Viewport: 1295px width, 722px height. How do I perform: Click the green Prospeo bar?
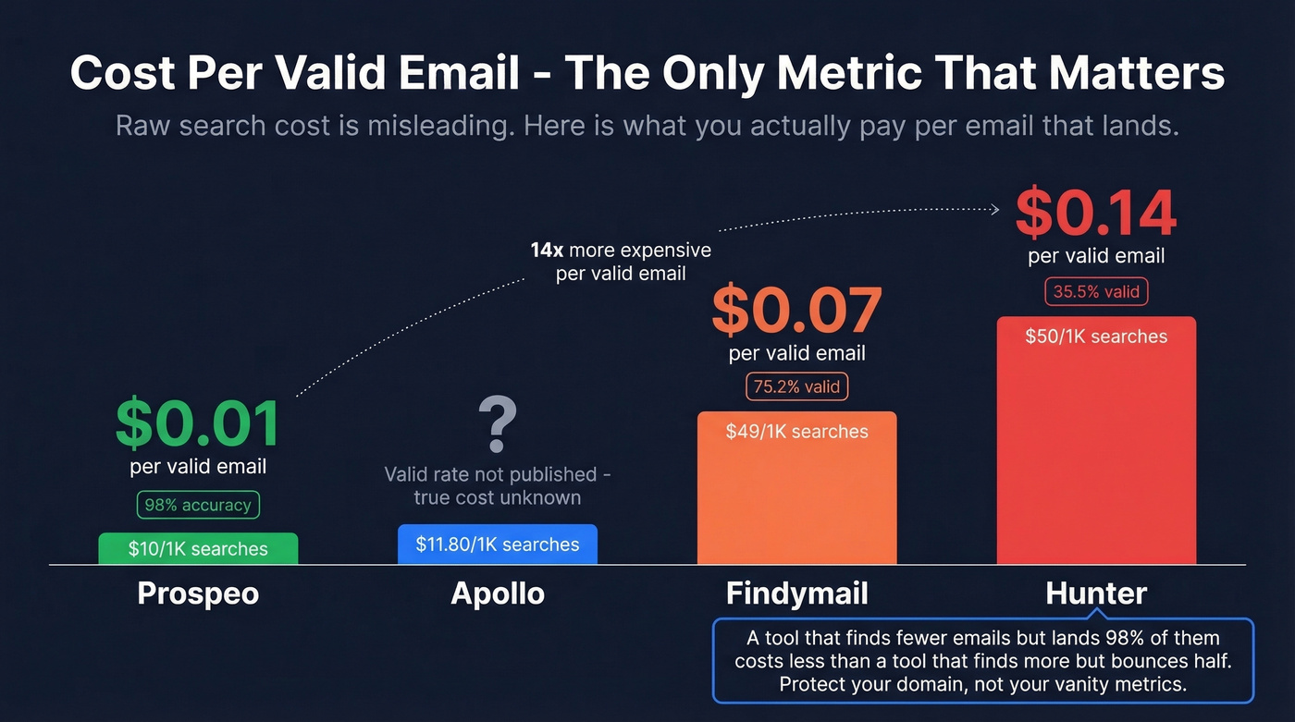pyautogui.click(x=198, y=548)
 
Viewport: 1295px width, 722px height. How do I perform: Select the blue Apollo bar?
pyautogui.click(x=498, y=545)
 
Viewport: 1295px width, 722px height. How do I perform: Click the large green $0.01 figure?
pyautogui.click(x=197, y=424)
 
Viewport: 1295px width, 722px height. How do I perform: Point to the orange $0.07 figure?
pyautogui.click(x=796, y=312)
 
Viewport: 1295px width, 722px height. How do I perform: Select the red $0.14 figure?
pyautogui.click(x=1096, y=214)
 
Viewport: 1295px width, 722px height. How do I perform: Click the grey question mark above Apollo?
pyautogui.click(x=498, y=424)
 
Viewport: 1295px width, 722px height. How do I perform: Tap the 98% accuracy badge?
pyautogui.click(x=198, y=505)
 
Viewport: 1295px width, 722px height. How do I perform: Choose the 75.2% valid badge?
pyautogui.click(x=796, y=386)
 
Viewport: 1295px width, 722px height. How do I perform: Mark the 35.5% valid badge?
pyautogui.click(x=1096, y=292)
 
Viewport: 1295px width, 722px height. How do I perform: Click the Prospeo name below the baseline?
pyautogui.click(x=198, y=594)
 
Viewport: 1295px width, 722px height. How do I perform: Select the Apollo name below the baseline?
pyautogui.click(x=498, y=594)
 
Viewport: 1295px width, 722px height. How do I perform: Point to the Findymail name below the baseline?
pyautogui.click(x=796, y=594)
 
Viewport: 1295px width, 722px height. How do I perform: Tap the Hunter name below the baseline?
pyautogui.click(x=1096, y=594)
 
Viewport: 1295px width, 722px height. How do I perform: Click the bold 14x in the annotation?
pyautogui.click(x=547, y=251)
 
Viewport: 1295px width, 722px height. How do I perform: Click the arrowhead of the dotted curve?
pyautogui.click(x=995, y=210)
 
